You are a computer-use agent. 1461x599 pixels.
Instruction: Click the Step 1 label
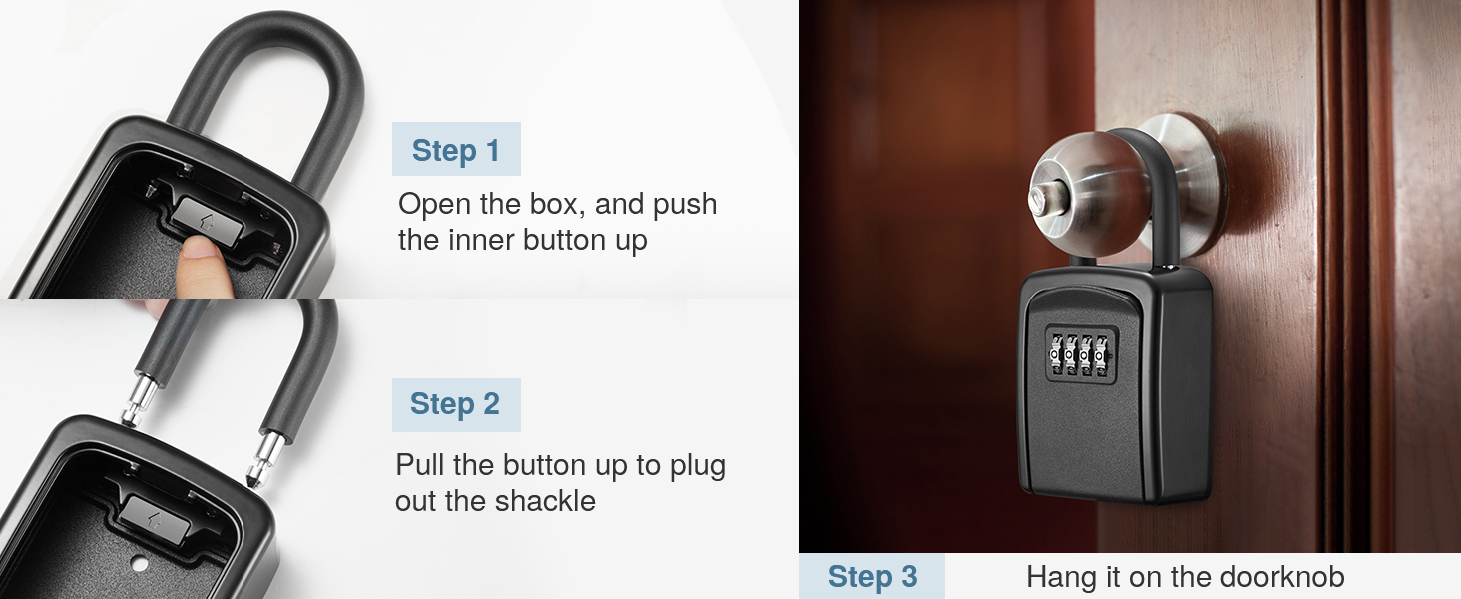pyautogui.click(x=455, y=150)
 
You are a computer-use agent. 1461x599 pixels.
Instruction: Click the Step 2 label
pyautogui.click(x=455, y=404)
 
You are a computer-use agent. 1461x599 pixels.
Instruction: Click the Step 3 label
pyautogui.click(x=872, y=577)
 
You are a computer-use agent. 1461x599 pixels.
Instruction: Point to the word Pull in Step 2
pyautogui.click(x=420, y=465)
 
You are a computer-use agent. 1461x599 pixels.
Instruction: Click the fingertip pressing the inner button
pyautogui.click(x=206, y=264)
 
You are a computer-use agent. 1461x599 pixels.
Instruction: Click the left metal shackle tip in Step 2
pyautogui.click(x=133, y=403)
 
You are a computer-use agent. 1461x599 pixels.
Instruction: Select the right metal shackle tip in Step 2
pyautogui.click(x=269, y=454)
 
